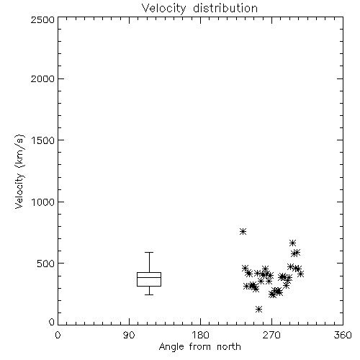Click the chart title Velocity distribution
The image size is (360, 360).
point(199,8)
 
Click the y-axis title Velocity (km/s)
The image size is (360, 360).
point(19,171)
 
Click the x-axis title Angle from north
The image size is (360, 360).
point(199,347)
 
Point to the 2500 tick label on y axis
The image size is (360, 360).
point(42,19)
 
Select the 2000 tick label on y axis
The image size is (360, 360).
point(42,78)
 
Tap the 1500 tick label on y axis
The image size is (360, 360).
point(43,140)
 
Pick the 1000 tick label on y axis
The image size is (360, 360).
point(43,202)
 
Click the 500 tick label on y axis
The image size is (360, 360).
point(46,264)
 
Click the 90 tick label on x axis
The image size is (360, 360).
point(129,335)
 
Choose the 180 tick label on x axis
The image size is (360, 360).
point(200,335)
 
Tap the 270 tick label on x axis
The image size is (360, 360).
point(271,335)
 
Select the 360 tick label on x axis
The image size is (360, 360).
point(343,335)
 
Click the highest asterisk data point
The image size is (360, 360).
point(243,231)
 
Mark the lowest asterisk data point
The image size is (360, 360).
point(258,309)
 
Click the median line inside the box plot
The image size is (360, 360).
point(149,277)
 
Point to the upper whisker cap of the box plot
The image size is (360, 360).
point(149,252)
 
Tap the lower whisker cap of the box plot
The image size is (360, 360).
point(149,294)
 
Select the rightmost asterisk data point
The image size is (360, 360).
point(300,274)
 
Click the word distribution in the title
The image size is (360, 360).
point(225,8)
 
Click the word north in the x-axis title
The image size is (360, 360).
point(229,347)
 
